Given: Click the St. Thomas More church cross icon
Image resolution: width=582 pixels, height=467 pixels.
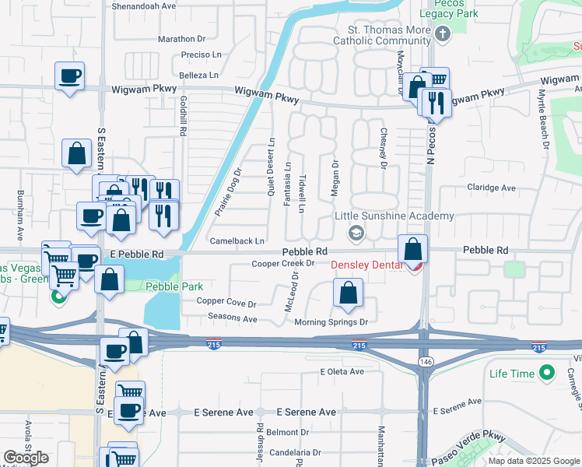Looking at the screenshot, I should pos(444,33).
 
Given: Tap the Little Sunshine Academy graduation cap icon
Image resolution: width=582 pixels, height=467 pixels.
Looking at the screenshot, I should pos(356,232).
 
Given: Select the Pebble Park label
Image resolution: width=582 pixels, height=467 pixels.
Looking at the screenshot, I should pos(174,286).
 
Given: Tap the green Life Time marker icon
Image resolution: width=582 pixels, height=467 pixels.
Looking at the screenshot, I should pos(548,373).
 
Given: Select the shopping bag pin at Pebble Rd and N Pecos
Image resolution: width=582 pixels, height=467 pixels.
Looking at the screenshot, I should pos(414,249).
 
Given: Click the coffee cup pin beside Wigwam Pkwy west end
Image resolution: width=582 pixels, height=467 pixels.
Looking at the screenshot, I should pos(70,76).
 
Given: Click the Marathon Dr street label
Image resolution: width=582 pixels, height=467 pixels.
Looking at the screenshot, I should pos(181,38).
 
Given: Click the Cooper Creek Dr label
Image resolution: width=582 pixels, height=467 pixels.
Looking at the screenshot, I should pos(282,264).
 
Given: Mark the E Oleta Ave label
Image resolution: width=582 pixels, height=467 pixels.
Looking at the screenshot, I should pos(342,371).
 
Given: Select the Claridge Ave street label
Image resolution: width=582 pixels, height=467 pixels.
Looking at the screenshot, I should pos(491,188).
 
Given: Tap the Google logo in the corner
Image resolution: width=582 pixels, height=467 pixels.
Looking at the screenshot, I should pos(26,457).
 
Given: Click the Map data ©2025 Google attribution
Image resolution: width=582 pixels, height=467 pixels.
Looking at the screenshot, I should pos(534,461).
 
